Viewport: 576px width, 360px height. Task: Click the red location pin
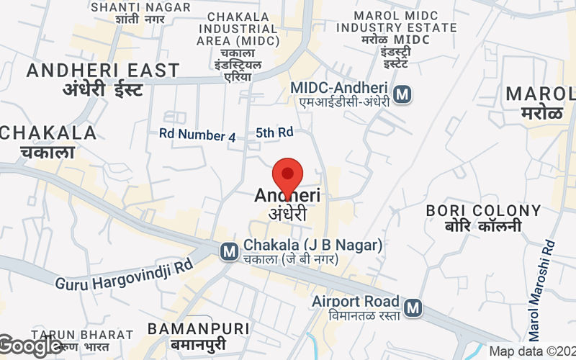click(288, 176)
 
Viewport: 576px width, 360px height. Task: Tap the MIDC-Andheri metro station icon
click(403, 94)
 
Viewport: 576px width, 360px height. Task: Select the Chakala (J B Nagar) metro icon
click(229, 251)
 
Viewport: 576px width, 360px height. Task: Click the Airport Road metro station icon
click(413, 308)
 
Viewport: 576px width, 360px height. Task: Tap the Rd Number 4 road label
click(197, 135)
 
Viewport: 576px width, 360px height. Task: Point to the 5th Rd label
click(274, 132)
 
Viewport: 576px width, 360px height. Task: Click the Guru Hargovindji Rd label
click(125, 274)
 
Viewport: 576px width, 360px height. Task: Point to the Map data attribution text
click(531, 351)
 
